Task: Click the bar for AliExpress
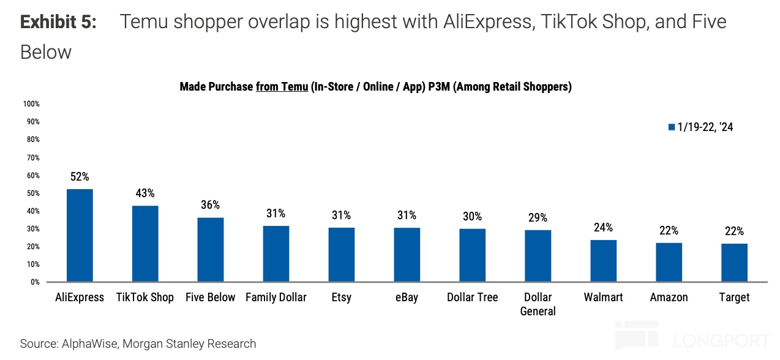(x=80, y=236)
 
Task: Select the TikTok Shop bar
(x=145, y=244)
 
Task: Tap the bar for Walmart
(x=603, y=261)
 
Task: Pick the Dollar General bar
(x=538, y=256)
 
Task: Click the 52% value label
(x=80, y=177)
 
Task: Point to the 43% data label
(x=145, y=193)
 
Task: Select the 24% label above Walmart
(x=603, y=228)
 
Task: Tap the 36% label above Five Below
(x=211, y=205)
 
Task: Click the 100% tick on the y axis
(x=31, y=104)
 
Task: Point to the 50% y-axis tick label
(x=32, y=193)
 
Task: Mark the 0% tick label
(x=34, y=282)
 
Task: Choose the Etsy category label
(x=341, y=298)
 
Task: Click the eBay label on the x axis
(x=407, y=298)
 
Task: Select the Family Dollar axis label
(x=276, y=298)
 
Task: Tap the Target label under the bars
(x=734, y=298)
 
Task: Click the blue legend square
(x=672, y=127)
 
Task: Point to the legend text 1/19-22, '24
(x=705, y=127)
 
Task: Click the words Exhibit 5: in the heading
(x=58, y=23)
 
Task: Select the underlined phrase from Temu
(x=282, y=87)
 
